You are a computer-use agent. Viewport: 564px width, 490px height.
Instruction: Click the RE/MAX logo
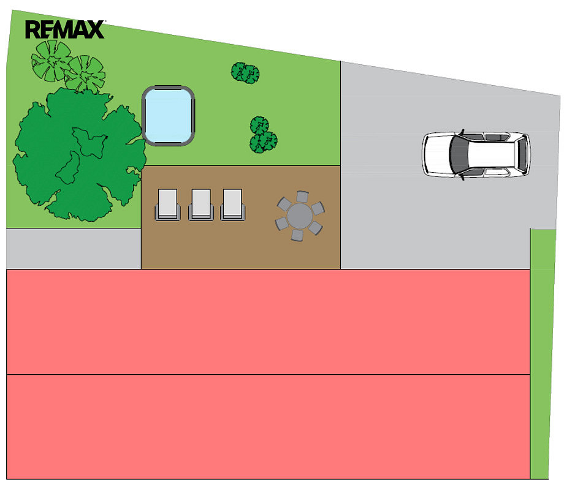pyautogui.click(x=65, y=29)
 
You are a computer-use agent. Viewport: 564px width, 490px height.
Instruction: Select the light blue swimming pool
pyautogui.click(x=169, y=115)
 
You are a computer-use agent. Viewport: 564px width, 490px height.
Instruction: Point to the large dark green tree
pyautogui.click(x=79, y=154)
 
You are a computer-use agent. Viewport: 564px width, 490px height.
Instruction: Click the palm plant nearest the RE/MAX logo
pyautogui.click(x=51, y=61)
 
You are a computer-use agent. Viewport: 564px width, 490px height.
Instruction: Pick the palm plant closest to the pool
pyautogui.click(x=85, y=74)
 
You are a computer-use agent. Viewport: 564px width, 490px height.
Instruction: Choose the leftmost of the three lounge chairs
pyautogui.click(x=167, y=204)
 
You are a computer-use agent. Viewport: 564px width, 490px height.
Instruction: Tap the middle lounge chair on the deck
pyautogui.click(x=201, y=204)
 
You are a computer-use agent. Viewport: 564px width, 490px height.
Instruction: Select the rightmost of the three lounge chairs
pyautogui.click(x=233, y=204)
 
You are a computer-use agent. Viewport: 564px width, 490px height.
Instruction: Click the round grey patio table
pyautogui.click(x=300, y=216)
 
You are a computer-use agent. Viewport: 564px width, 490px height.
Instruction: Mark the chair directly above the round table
pyautogui.click(x=302, y=197)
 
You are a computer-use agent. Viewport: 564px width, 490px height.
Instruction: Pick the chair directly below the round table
pyautogui.click(x=297, y=235)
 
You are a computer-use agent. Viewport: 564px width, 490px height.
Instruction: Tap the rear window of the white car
pyautogui.click(x=522, y=154)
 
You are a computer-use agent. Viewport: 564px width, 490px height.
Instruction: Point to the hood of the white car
pyautogui.click(x=437, y=154)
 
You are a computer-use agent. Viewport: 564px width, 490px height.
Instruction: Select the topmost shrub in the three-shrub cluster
pyautogui.click(x=259, y=126)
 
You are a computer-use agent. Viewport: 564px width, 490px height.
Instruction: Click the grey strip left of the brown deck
pyautogui.click(x=74, y=249)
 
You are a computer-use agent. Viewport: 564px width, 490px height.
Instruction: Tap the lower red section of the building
pyautogui.click(x=269, y=427)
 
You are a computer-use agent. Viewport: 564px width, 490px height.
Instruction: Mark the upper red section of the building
pyautogui.click(x=269, y=322)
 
